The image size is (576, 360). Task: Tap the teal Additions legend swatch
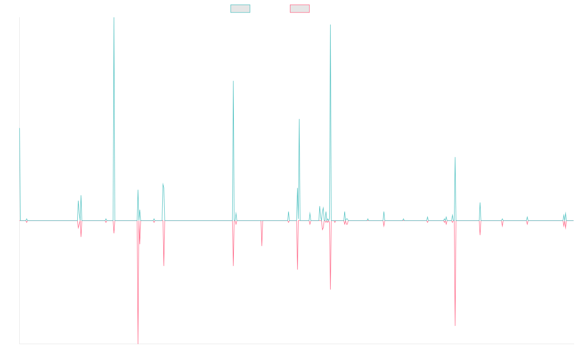point(240,9)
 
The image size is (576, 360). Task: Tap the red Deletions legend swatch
point(300,9)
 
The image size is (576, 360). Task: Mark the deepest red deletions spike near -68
point(138,343)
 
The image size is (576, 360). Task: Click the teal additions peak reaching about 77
point(233,81)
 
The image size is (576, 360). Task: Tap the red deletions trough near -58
point(455,325)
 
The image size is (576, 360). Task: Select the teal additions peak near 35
point(455,157)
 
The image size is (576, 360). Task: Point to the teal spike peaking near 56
point(299,119)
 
